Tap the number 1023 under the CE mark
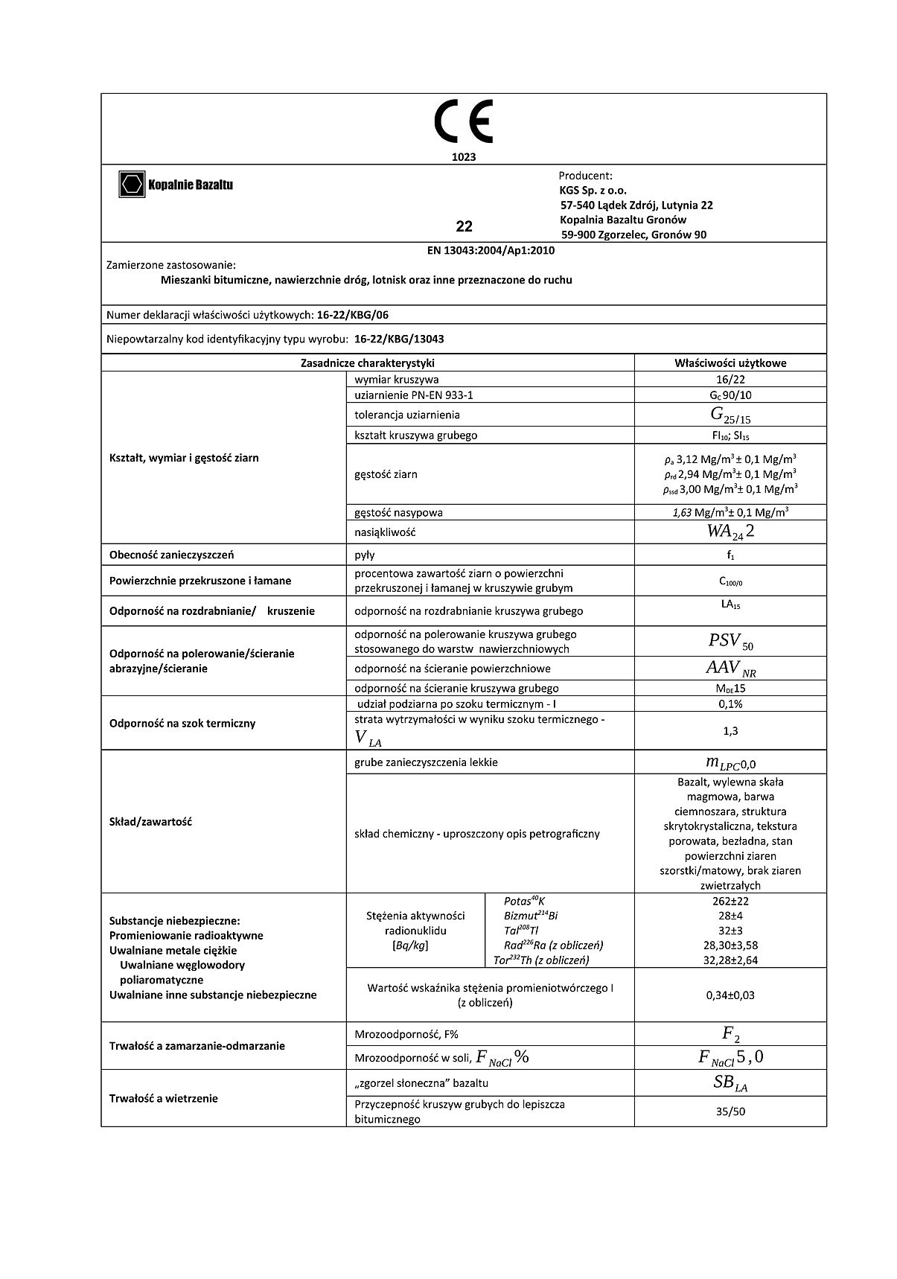pos(463,157)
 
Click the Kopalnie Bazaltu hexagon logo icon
pos(132,184)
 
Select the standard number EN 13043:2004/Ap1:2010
pos(491,251)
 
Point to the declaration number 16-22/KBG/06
pos(352,315)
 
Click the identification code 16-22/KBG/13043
pos(399,339)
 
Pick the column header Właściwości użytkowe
pos(730,363)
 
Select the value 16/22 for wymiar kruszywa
pos(730,380)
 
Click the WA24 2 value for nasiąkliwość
pos(730,532)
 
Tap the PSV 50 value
pos(730,641)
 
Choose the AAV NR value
pos(730,669)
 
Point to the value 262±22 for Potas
pos(730,901)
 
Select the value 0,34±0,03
pos(730,995)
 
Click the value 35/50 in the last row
pos(730,1111)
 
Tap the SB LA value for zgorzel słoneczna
pos(730,1084)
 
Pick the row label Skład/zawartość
pos(150,822)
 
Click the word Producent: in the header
pos(585,176)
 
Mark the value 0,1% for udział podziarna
pos(730,704)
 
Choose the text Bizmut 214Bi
pos(530,916)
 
